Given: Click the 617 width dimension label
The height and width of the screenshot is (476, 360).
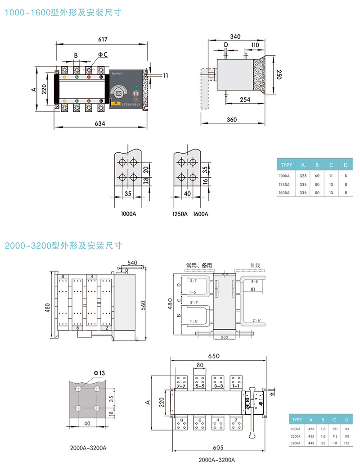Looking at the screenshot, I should pyautogui.click(x=103, y=40).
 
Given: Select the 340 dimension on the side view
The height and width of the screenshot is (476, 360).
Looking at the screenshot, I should pyautogui.click(x=235, y=36).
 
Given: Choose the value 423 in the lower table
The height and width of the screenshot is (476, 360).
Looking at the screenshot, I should pyautogui.click(x=310, y=429).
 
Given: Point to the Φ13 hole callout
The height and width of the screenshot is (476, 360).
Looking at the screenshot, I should pyautogui.click(x=99, y=373).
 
